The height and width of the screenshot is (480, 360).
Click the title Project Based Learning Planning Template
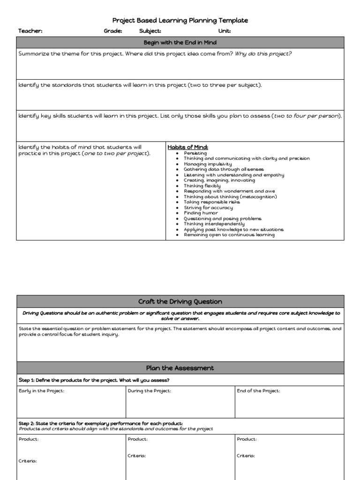click(x=180, y=20)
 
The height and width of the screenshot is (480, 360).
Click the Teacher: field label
click(x=30, y=31)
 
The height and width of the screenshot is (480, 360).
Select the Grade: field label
click(x=113, y=31)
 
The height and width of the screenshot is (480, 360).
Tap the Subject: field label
click(x=150, y=31)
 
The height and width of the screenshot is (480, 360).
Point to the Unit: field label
click(x=225, y=31)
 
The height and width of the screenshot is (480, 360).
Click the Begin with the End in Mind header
click(x=180, y=43)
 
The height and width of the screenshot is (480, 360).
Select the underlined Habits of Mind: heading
click(x=185, y=147)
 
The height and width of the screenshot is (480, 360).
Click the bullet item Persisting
click(x=195, y=153)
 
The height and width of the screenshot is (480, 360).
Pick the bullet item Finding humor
click(x=201, y=213)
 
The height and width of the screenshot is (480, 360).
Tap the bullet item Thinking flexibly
click(x=202, y=186)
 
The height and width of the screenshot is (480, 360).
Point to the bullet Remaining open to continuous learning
click(x=229, y=235)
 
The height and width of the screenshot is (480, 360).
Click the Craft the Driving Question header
click(x=180, y=301)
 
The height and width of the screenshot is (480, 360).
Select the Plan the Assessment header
click(x=180, y=368)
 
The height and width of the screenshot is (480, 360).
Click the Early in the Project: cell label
click(x=41, y=391)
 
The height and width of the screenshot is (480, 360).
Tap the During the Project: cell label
click(x=150, y=391)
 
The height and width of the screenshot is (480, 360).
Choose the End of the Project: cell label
click(x=258, y=391)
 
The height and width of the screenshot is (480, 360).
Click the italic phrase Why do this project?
click(x=263, y=54)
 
